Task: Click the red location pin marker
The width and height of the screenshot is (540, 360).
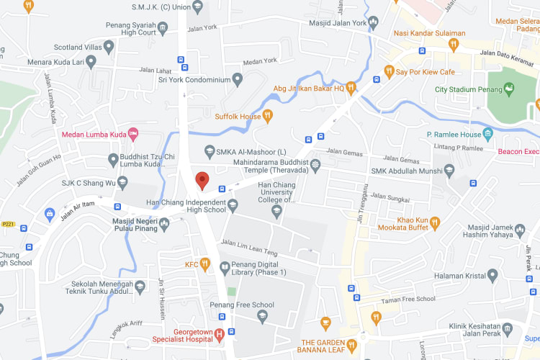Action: (x=203, y=180)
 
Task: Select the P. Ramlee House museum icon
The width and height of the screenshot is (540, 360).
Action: (x=487, y=134)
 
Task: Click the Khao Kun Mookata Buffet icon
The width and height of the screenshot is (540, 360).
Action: (x=435, y=225)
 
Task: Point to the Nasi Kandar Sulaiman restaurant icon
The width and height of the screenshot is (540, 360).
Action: (x=453, y=44)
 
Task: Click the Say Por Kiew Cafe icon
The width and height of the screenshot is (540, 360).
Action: (x=389, y=72)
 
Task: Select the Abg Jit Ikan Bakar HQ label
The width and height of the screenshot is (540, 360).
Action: (x=308, y=89)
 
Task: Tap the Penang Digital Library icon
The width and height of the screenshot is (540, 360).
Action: (x=225, y=266)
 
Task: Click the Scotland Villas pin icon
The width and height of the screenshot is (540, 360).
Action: (x=109, y=47)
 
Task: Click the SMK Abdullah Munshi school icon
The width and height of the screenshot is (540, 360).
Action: (x=449, y=171)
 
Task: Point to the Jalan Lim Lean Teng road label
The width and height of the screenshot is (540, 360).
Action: (x=250, y=247)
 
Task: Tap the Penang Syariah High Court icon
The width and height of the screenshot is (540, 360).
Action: (x=163, y=28)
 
